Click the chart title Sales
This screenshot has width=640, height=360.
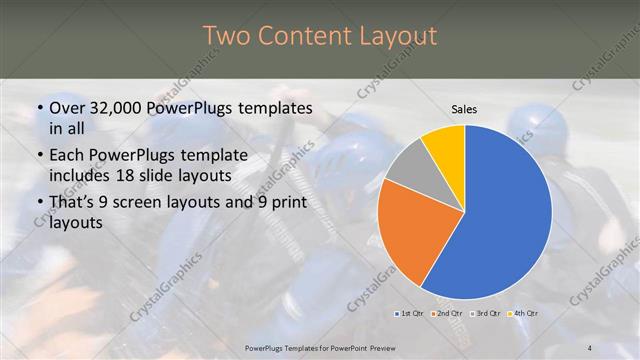click(x=464, y=108)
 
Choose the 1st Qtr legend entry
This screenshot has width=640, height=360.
click(x=408, y=314)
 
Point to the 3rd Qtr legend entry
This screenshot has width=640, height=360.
click(x=486, y=314)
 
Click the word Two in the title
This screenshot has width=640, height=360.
click(x=227, y=36)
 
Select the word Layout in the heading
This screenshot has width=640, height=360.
click(x=399, y=36)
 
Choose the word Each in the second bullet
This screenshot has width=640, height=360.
click(x=67, y=155)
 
